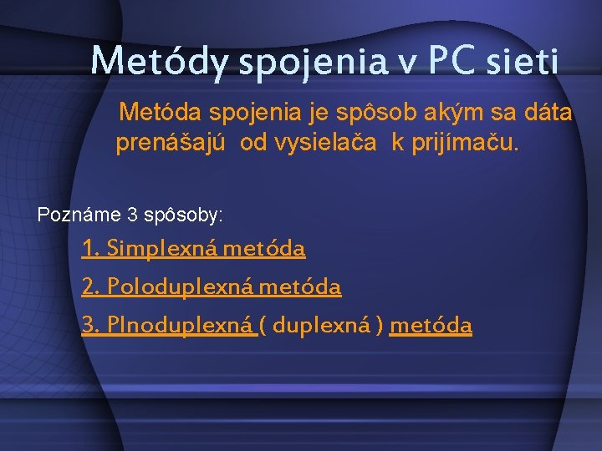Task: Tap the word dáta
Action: tap(549, 112)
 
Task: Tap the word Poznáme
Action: tap(79, 215)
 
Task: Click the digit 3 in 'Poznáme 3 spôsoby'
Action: tap(133, 215)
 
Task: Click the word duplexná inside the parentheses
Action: tap(323, 326)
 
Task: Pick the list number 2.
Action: tap(88, 288)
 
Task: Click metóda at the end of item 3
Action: tap(431, 326)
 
